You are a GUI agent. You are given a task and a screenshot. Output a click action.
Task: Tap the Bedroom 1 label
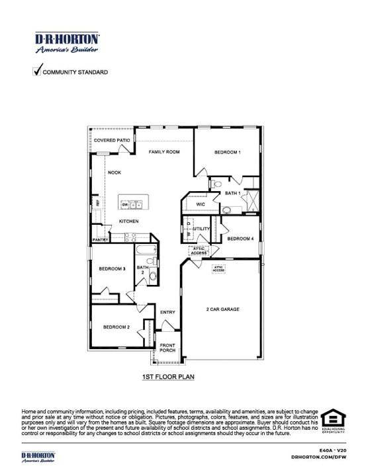pyautogui.click(x=227, y=153)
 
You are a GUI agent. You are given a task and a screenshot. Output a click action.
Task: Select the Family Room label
pyautogui.click(x=164, y=152)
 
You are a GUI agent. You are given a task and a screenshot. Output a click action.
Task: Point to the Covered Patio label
pyautogui.click(x=112, y=141)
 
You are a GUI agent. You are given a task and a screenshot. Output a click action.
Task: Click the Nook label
pyautogui.click(x=115, y=172)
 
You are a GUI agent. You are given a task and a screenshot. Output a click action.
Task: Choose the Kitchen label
pyautogui.click(x=128, y=221)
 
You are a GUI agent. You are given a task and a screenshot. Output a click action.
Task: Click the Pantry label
pyautogui.click(x=101, y=240)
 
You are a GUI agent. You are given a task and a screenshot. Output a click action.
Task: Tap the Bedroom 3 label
pyautogui.click(x=113, y=268)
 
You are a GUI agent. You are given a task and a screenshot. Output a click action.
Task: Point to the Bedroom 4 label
pyautogui.click(x=240, y=238)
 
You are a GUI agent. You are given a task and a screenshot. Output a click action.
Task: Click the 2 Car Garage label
pyautogui.click(x=222, y=309)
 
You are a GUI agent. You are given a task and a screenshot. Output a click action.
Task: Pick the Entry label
pyautogui.click(x=167, y=312)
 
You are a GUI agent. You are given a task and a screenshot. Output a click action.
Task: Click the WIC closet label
pyautogui.click(x=201, y=205)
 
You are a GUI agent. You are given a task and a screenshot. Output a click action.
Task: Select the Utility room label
pyautogui.click(x=201, y=229)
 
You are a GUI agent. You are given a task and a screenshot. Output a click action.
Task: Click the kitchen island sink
pyautogui.click(x=134, y=205)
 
